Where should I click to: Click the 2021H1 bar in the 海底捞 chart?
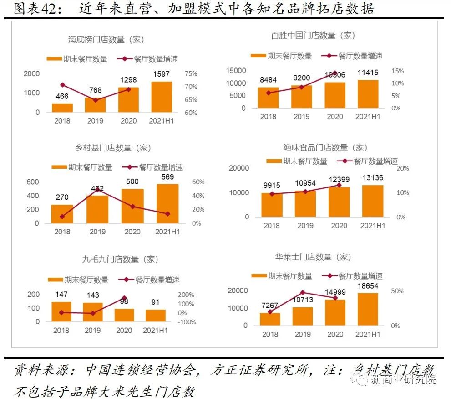(162, 97)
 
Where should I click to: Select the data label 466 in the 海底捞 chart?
(62, 96)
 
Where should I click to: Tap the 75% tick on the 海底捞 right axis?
(191, 73)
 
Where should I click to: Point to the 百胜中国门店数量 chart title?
(313, 35)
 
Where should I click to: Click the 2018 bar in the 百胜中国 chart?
(269, 98)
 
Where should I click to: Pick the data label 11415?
(368, 73)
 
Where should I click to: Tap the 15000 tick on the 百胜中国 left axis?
(237, 70)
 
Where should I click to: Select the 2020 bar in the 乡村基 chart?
(132, 206)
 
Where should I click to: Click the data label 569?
(167, 176)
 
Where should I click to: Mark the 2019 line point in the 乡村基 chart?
(97, 189)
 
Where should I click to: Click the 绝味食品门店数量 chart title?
(325, 148)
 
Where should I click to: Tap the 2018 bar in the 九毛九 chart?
(61, 311)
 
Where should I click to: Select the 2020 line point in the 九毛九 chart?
(124, 298)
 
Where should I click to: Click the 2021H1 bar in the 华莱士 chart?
(368, 309)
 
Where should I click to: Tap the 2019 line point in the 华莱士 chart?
(303, 293)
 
